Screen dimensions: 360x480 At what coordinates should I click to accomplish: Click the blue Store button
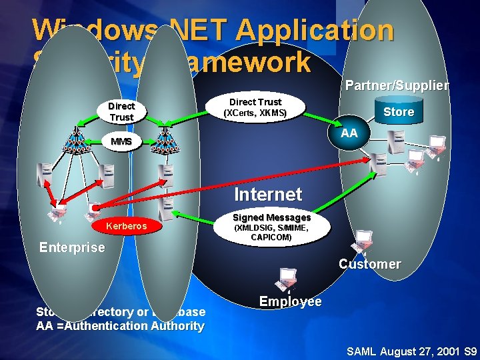coord(399,112)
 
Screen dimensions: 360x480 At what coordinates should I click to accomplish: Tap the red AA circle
coord(349,133)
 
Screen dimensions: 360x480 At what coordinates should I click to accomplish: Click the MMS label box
coord(121,141)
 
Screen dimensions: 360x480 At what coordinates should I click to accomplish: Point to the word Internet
coord(268,195)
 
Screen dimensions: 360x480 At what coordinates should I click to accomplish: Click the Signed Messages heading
coord(271,217)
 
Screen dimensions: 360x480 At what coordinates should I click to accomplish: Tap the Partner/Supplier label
coord(397,85)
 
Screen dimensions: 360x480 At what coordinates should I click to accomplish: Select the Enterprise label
coord(72,247)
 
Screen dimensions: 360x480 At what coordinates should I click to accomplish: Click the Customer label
coord(369,264)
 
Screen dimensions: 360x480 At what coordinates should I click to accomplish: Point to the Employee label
coord(290,301)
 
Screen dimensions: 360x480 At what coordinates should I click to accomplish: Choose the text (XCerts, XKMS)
coord(255,113)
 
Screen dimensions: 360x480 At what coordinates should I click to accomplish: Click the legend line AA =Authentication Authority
coord(120,326)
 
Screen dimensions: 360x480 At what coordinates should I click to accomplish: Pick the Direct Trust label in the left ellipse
coord(121,111)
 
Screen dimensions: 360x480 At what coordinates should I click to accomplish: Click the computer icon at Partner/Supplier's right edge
coord(437,147)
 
